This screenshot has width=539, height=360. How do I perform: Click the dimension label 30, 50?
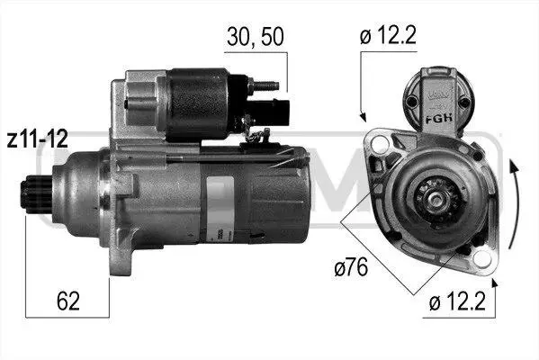point(255,36)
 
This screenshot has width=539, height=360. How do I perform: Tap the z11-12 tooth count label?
point(37,139)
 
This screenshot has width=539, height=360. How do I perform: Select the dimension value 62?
point(68,301)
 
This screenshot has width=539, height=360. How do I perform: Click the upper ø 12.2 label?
point(388,35)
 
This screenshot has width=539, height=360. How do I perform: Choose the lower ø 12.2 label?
point(457,301)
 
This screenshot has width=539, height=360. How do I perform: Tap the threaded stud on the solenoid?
point(264,85)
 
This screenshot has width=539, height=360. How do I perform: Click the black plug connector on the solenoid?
point(272,112)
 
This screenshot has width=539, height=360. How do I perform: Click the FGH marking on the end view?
point(439,119)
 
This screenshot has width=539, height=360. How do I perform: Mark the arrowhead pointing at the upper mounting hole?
point(363,117)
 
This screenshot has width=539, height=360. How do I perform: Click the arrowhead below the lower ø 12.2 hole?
point(495,283)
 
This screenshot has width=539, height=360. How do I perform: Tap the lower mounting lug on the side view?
point(121,254)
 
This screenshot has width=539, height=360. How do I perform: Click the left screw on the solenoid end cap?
point(411,102)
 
